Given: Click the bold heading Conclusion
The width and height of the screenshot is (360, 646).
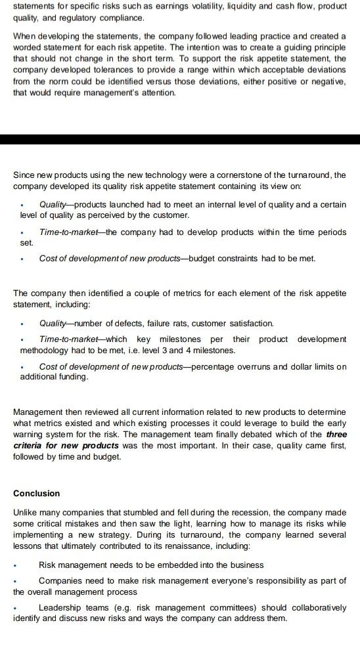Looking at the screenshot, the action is (x=36, y=493).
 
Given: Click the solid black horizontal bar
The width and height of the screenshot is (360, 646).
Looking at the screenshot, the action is (x=180, y=139).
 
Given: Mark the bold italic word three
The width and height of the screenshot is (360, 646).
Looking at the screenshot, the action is (x=336, y=434).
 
